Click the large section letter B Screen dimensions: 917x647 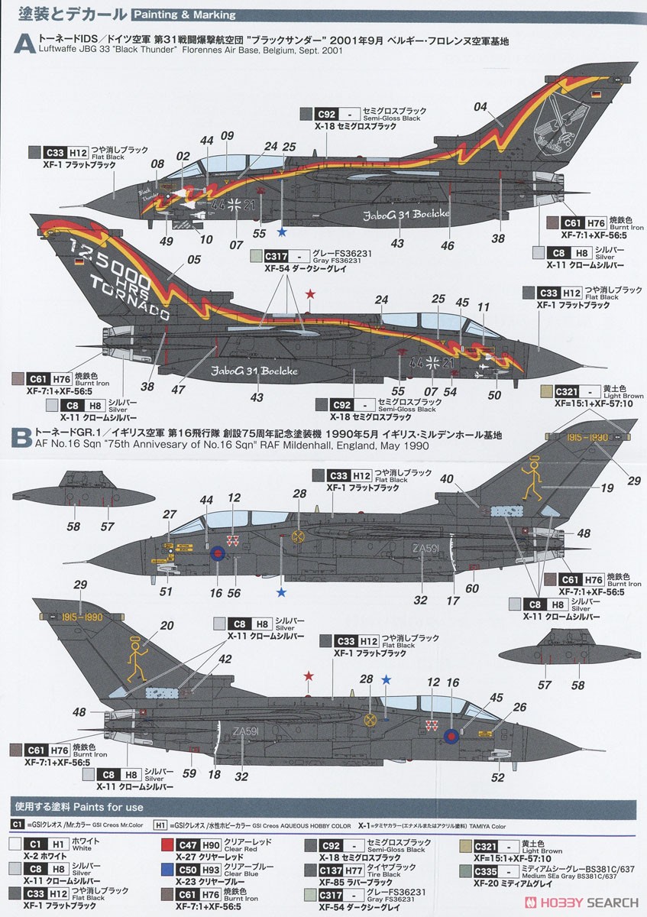[21, 438]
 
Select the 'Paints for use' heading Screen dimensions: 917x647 [106, 807]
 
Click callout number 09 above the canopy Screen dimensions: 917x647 [227, 136]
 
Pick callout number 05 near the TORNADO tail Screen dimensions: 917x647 [193, 259]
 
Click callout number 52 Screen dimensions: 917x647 [497, 777]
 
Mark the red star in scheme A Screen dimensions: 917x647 [309, 294]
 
